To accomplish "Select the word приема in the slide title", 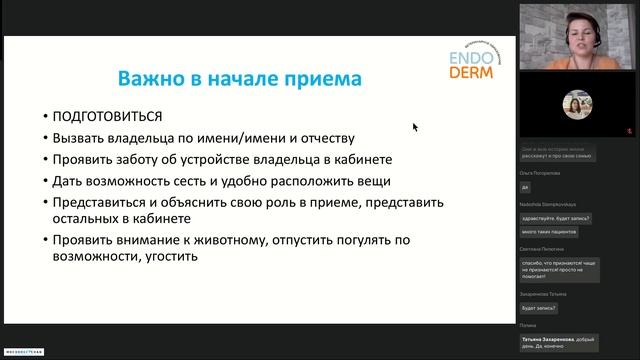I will coord(317,77).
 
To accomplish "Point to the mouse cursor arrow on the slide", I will coord(415,127).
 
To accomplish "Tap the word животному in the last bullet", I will coord(240,239).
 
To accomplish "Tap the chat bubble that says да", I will coord(526,187).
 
